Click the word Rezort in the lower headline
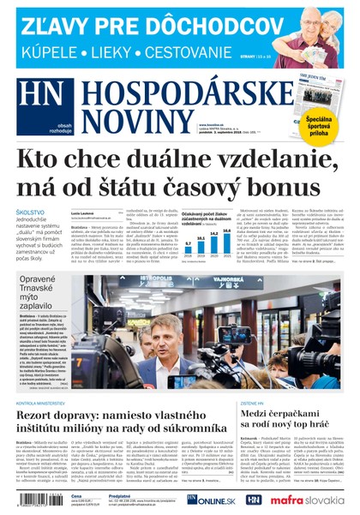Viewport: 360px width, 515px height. click(x=43, y=416)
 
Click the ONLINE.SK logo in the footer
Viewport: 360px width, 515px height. click(x=209, y=500)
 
